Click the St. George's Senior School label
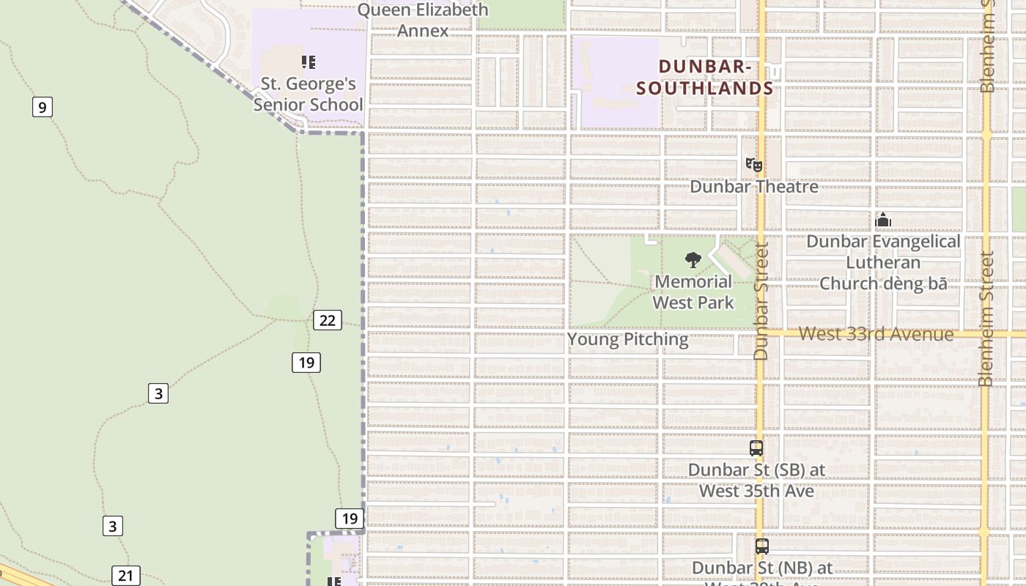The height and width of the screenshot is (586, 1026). (308, 94)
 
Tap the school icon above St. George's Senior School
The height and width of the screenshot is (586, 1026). (309, 62)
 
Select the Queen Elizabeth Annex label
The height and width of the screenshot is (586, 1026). (423, 20)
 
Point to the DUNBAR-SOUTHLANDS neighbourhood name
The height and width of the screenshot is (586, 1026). (705, 77)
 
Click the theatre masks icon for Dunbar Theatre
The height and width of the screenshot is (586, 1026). (754, 165)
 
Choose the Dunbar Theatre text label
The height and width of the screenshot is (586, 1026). (754, 187)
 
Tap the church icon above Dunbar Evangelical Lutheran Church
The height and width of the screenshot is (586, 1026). (883, 220)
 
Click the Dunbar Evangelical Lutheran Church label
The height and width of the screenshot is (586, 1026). (883, 262)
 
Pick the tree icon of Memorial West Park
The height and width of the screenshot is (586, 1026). (693, 259)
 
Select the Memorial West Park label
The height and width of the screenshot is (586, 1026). (693, 292)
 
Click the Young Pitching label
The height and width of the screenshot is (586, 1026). (628, 339)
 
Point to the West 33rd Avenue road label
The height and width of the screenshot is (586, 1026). (876, 334)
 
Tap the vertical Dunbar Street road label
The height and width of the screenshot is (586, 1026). (761, 301)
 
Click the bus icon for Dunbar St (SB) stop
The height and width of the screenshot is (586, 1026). (756, 448)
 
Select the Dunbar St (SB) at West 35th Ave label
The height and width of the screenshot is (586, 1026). (756, 480)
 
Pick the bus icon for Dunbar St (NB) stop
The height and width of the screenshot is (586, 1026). (762, 546)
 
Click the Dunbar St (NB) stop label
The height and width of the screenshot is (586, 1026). (762, 568)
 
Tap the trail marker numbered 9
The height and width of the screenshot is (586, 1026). (43, 108)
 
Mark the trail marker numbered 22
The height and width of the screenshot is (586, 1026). (328, 320)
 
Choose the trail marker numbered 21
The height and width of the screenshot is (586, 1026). (125, 576)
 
